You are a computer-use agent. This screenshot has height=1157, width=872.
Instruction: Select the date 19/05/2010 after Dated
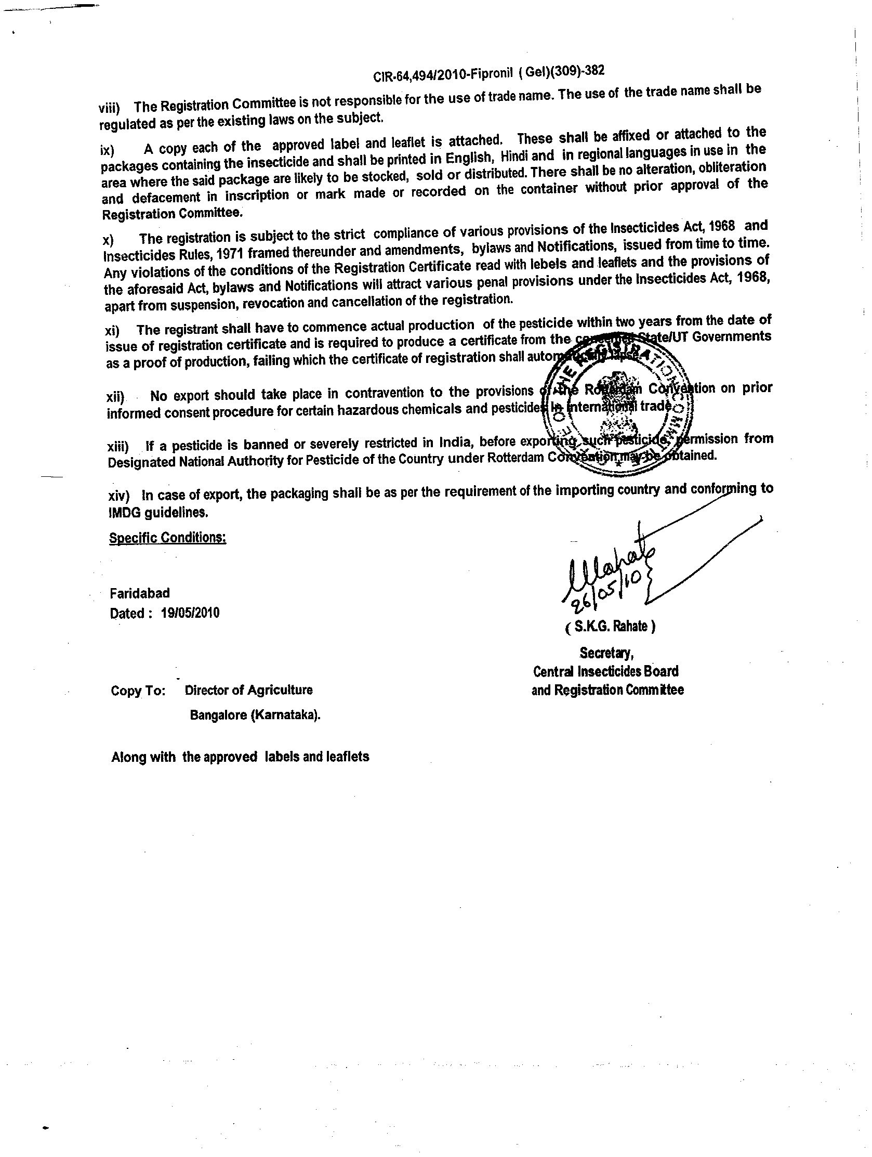click(190, 613)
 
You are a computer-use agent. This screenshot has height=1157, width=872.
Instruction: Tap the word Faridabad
click(140, 593)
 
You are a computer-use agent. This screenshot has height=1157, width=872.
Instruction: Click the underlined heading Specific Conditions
click(167, 538)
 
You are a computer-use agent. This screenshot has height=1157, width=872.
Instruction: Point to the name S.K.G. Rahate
click(610, 626)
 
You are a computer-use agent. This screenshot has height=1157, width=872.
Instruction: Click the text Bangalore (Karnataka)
click(255, 715)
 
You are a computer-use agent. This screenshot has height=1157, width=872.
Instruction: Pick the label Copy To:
click(138, 691)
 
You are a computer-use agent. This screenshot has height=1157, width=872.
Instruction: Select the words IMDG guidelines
click(158, 513)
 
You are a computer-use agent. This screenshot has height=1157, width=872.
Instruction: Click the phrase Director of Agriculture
click(248, 690)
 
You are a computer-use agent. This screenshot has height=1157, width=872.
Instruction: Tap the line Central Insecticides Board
click(605, 671)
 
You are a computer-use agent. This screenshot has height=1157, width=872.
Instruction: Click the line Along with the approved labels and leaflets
click(240, 757)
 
